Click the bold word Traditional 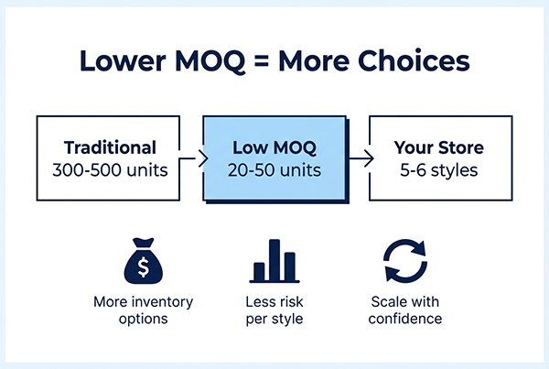click(111, 147)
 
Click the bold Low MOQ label click(274, 147)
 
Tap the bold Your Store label click(438, 147)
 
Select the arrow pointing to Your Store click(357, 158)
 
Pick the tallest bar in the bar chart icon click(274, 258)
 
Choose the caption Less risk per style click(274, 309)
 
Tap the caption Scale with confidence click(405, 309)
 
